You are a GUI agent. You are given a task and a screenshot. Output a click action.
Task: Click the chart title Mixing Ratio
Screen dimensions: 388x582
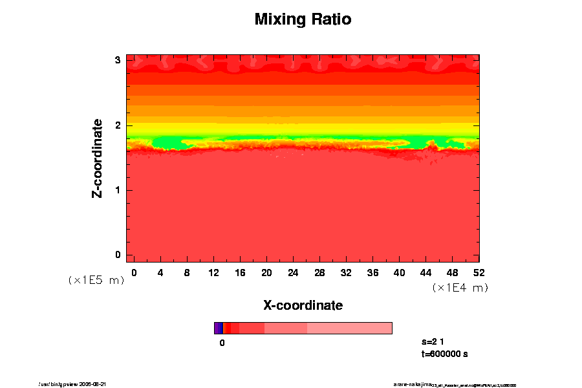(x=303, y=19)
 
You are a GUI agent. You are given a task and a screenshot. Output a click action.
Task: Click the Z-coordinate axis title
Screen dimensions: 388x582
(x=98, y=158)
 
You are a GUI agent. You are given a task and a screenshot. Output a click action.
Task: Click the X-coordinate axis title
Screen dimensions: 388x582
(x=303, y=305)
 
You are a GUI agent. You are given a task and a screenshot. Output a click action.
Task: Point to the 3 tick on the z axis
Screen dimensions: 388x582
(x=118, y=60)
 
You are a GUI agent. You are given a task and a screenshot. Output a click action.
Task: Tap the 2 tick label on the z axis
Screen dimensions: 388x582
(x=118, y=125)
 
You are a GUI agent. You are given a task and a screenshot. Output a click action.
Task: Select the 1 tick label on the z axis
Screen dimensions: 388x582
(x=118, y=190)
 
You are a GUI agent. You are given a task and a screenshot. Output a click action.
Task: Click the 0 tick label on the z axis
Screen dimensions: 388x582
(x=118, y=255)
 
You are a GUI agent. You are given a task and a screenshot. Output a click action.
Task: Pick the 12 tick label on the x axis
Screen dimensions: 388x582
(x=213, y=272)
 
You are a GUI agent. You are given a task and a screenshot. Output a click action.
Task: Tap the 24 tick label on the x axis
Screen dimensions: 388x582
(x=293, y=272)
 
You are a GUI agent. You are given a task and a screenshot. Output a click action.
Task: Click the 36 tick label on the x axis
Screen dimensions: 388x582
(x=372, y=272)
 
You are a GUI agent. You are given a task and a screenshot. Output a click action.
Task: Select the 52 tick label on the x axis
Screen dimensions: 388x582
(x=479, y=272)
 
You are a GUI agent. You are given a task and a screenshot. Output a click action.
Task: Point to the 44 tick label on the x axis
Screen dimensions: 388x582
(x=426, y=272)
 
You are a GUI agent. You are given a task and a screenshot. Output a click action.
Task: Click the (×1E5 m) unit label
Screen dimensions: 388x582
(x=96, y=280)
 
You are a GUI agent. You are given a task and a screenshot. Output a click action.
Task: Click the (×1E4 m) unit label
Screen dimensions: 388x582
(x=460, y=287)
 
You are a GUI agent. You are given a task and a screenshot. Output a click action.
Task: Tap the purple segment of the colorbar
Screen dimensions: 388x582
(x=218, y=328)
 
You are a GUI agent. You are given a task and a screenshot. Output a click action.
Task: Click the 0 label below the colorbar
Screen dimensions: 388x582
(x=222, y=343)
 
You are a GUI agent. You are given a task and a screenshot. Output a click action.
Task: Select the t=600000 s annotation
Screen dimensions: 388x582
(x=444, y=354)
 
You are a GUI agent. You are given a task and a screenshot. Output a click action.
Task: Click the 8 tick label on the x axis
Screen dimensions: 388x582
(x=187, y=272)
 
